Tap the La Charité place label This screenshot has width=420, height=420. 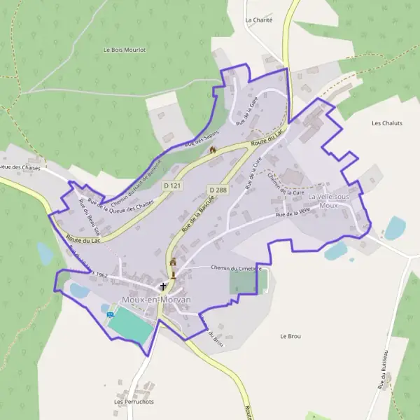coord(258,20)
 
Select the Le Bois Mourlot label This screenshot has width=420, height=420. coord(124,50)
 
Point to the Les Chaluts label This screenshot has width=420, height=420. coord(386,123)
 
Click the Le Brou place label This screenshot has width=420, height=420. coord(290,337)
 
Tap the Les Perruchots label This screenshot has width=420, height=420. coord(133,402)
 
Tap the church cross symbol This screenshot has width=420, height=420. coord(164,286)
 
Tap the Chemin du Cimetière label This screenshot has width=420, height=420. coord(236,267)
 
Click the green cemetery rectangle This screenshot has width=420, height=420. coord(243,282)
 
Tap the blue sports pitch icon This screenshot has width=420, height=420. coord(110,314)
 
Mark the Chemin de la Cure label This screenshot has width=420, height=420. coord(286,183)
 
